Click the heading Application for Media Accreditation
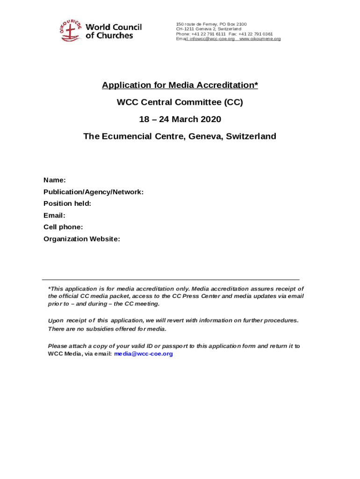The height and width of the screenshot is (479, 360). click(x=180, y=85)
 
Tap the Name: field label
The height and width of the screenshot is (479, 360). click(x=54, y=180)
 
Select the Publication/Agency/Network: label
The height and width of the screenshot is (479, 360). click(x=94, y=192)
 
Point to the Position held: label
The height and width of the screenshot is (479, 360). click(x=67, y=203)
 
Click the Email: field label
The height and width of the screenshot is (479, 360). click(x=54, y=215)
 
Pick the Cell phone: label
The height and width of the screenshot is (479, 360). click(x=63, y=227)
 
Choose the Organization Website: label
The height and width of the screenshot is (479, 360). click(x=82, y=239)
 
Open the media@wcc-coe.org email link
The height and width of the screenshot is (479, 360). click(x=144, y=354)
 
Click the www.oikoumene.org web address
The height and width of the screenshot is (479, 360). click(x=260, y=39)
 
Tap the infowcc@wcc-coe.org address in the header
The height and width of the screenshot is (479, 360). click(x=212, y=39)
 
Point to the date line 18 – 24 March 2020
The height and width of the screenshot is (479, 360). click(x=180, y=119)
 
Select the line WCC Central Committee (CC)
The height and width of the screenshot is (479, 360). click(x=180, y=102)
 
